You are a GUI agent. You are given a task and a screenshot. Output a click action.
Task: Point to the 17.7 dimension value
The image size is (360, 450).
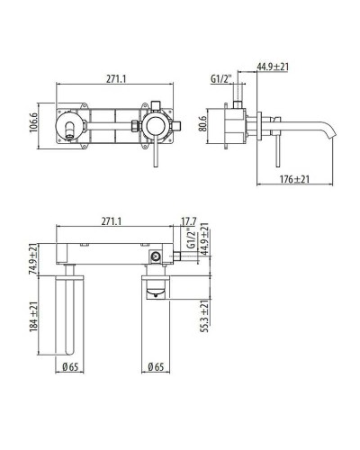[188, 221]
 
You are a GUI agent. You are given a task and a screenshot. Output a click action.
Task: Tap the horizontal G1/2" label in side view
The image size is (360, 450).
[222, 78]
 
